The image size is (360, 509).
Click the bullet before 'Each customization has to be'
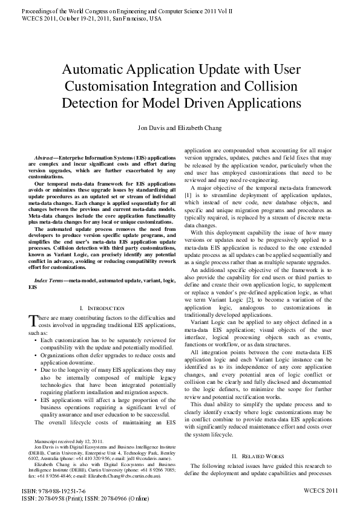36,340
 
